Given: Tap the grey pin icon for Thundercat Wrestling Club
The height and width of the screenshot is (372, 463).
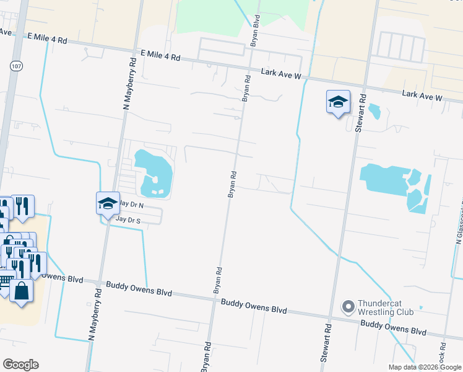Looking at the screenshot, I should point(348,306).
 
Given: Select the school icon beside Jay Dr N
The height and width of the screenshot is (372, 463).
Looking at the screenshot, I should point(107,203).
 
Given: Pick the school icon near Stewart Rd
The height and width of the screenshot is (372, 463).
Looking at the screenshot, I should point(338,102).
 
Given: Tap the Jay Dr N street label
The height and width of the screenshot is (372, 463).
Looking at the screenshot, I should point(131,204).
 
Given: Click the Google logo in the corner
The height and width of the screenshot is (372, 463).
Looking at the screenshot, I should point(20,365).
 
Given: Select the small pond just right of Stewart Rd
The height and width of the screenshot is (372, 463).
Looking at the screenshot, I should point(374,112).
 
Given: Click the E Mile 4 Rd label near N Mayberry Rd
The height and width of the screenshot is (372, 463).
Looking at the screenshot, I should point(160,56).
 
